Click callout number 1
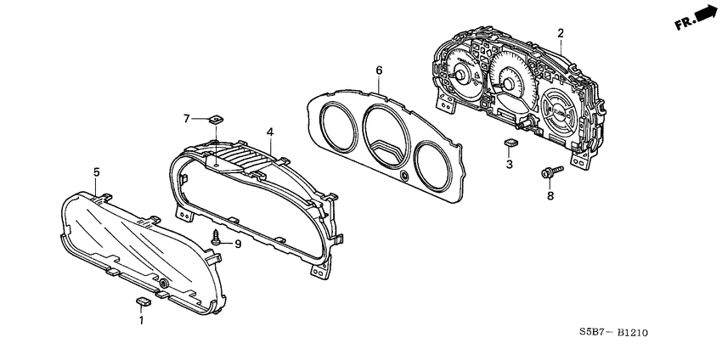pyautogui.click(x=142, y=320)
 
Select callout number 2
pyautogui.click(x=561, y=33)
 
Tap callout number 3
pyautogui.click(x=509, y=165)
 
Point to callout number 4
pyautogui.click(x=269, y=132)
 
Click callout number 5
pyautogui.click(x=96, y=172)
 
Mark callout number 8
pyautogui.click(x=549, y=195)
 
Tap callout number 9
pyautogui.click(x=238, y=245)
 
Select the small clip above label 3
pyautogui.click(x=510, y=144)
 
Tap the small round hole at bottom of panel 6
pyautogui.click(x=403, y=176)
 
